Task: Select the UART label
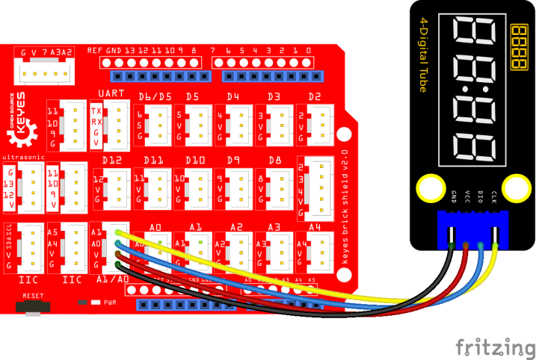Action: click(x=111, y=94)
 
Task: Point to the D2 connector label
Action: click(x=314, y=97)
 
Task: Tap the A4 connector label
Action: click(x=315, y=227)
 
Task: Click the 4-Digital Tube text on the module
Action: click(x=422, y=55)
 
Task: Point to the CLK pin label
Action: click(x=493, y=197)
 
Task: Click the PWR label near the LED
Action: click(x=109, y=302)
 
